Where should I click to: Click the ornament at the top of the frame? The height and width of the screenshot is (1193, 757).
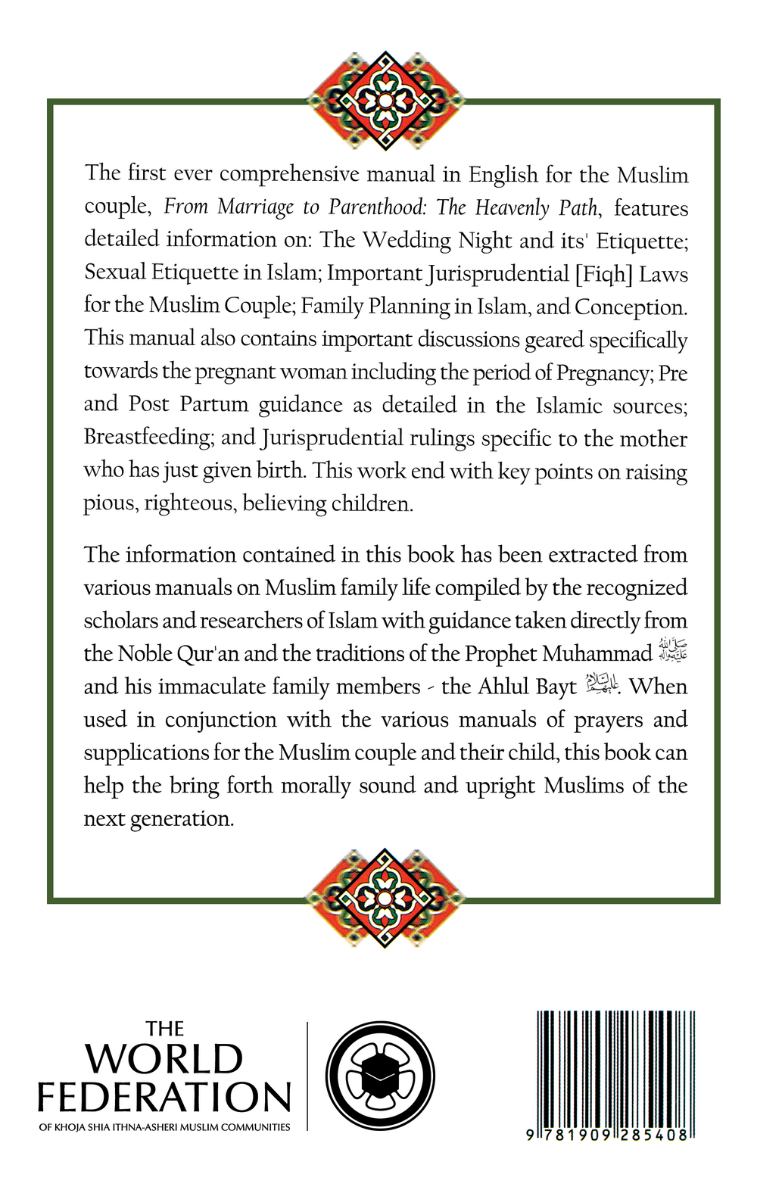pyautogui.click(x=385, y=100)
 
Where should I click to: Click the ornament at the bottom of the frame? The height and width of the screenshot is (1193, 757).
pyautogui.click(x=385, y=898)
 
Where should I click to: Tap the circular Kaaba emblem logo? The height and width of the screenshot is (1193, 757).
pyautogui.click(x=380, y=1076)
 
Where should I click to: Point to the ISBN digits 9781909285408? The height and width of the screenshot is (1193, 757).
pyautogui.click(x=609, y=1135)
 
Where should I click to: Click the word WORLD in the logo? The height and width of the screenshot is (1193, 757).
pyautogui.click(x=164, y=1059)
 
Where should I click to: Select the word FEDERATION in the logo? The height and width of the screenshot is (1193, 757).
pyautogui.click(x=164, y=1098)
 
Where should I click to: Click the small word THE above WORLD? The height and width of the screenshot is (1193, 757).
pyautogui.click(x=164, y=1029)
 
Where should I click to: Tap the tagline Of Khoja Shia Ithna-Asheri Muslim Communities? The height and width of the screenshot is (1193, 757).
pyautogui.click(x=164, y=1127)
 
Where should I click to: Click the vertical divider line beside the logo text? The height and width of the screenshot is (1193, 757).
pyautogui.click(x=307, y=1076)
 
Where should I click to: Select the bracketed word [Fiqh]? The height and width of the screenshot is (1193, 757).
pyautogui.click(x=604, y=273)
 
